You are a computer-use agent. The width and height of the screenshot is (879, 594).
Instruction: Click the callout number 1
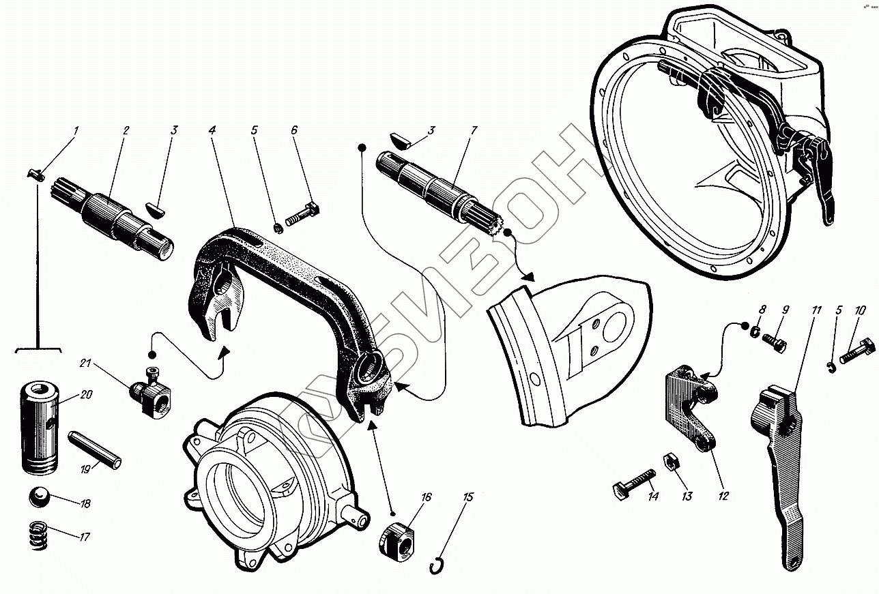tap(76, 130)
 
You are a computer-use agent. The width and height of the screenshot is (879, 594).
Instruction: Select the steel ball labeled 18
tap(40, 499)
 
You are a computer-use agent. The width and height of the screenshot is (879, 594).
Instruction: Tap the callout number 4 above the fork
tap(213, 130)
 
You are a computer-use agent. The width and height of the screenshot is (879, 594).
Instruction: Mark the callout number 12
tap(723, 496)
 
